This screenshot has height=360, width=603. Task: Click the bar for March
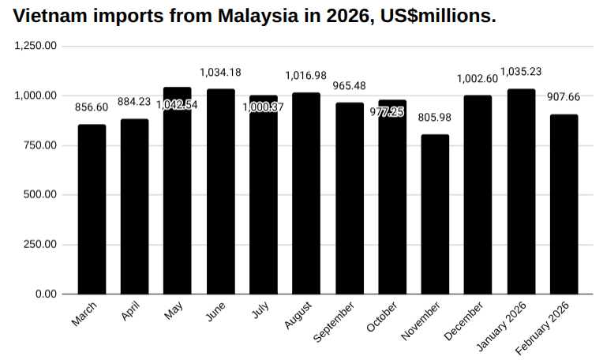pos(92,209)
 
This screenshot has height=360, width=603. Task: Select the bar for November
pos(435,214)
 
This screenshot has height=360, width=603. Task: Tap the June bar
pos(220,191)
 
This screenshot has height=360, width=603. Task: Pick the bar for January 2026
pos(521,191)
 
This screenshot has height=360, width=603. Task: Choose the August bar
pos(306,193)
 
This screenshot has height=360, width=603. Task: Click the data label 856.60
pos(92,107)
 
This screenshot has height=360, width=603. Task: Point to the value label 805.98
pos(435,118)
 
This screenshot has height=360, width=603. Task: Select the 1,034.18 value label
pos(220,73)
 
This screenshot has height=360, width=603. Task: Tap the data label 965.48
pos(349,86)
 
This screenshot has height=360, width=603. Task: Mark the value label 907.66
pos(564,98)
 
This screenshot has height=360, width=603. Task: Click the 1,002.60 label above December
pos(478,78)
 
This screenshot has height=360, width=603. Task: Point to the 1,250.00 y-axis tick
pos(36,46)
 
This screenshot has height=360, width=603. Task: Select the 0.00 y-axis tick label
pos(46,294)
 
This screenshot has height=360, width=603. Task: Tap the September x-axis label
pos(334,322)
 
